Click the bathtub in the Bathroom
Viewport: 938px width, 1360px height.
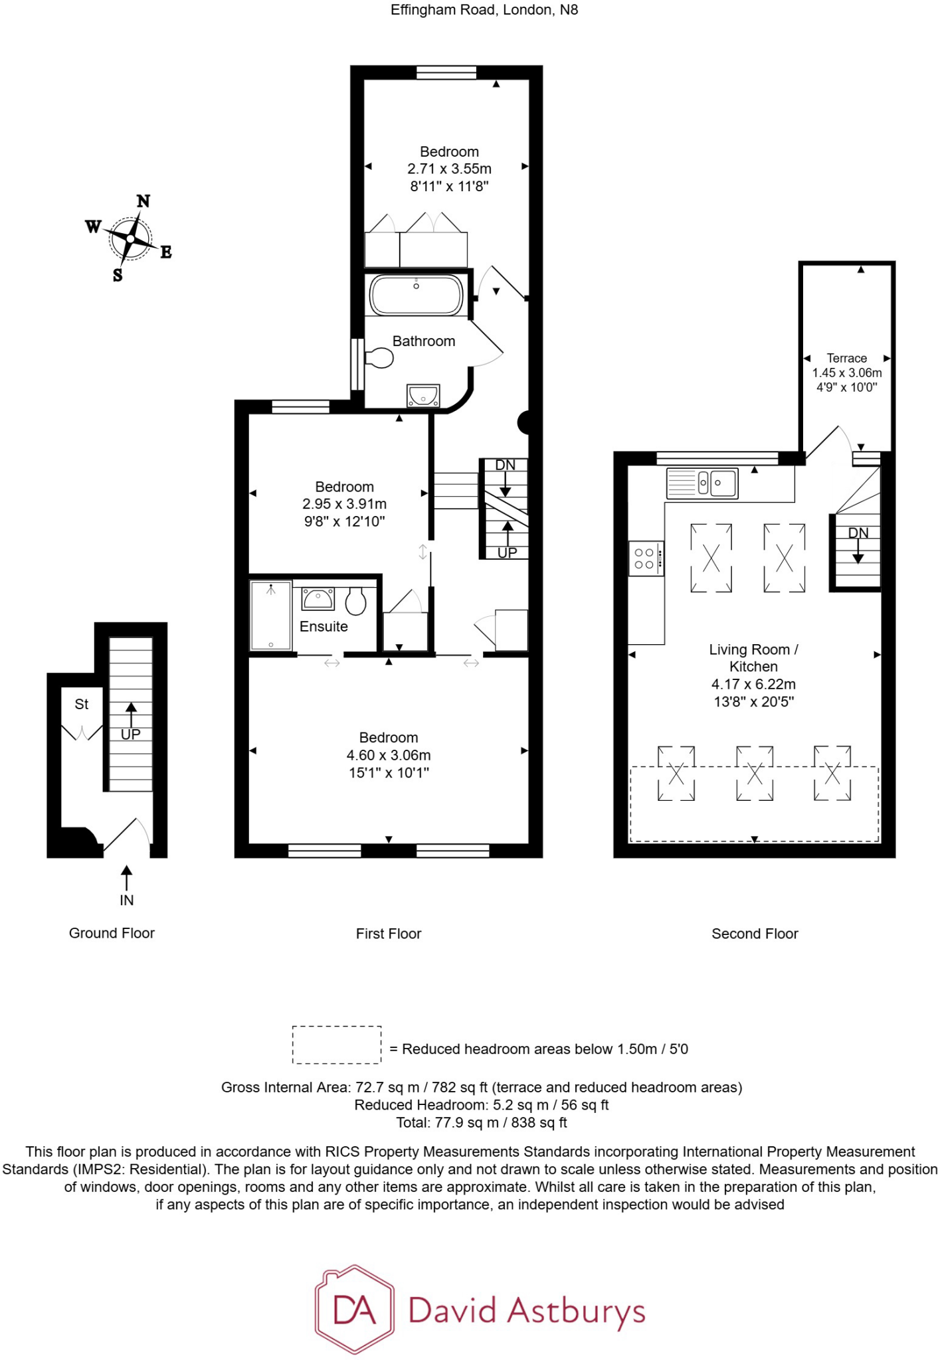click(x=416, y=295)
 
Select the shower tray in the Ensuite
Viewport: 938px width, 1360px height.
click(x=270, y=616)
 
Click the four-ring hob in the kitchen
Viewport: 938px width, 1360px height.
click(x=645, y=558)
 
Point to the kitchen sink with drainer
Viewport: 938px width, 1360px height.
click(x=702, y=483)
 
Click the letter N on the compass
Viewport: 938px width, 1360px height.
click(x=143, y=201)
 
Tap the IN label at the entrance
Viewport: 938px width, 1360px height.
click(x=127, y=900)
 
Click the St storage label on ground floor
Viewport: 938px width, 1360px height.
click(x=81, y=704)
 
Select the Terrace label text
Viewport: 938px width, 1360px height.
click(x=846, y=358)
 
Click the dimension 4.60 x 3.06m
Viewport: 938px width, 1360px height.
click(x=389, y=755)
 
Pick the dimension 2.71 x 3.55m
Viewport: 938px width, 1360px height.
click(x=449, y=169)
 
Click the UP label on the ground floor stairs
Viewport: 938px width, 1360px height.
click(x=130, y=734)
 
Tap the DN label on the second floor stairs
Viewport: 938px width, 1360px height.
click(x=858, y=533)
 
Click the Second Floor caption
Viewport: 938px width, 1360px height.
click(x=755, y=934)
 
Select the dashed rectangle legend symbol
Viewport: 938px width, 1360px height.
click(x=337, y=1045)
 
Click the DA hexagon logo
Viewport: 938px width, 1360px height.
click(x=355, y=1310)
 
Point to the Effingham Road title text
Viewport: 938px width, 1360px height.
click(x=484, y=10)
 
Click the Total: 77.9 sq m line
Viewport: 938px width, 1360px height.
click(x=481, y=1123)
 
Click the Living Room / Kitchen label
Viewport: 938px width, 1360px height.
click(x=753, y=658)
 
